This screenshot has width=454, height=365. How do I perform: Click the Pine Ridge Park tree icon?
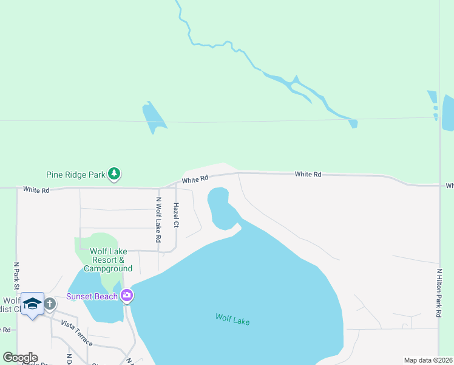coord(114,175)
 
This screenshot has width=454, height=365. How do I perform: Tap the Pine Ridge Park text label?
coord(76,175)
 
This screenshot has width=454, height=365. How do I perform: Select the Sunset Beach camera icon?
coord(127,296)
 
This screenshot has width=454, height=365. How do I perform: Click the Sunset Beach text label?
coord(92,296)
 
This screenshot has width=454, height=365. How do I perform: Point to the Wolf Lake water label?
coord(232,319)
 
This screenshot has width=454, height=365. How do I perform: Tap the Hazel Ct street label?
coord(176,215)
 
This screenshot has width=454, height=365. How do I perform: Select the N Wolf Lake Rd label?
coord(158,220)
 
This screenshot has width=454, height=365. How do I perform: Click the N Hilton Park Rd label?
coord(438,293)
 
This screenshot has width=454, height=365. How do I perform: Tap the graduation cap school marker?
coord(32,303)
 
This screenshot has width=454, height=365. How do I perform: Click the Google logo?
coord(20,358)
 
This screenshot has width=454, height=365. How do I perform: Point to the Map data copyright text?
coord(428,360)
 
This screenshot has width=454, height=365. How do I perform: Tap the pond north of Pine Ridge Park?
coord(154,117)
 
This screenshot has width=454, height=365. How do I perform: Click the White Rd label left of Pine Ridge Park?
coord(36,190)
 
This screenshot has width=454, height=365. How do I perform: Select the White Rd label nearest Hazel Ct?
coord(195,179)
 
